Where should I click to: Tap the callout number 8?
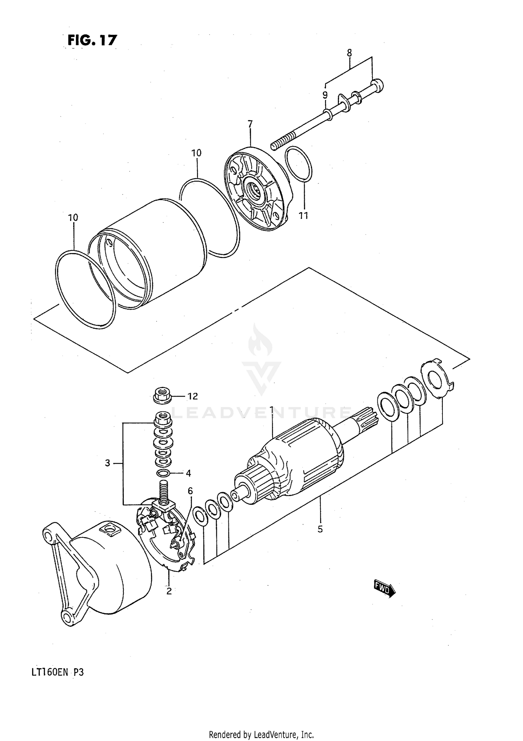[349, 53]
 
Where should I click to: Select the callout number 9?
[325, 95]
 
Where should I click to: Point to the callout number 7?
[250, 124]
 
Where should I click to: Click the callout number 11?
[304, 216]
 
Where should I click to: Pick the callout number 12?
[192, 396]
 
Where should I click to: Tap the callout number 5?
[320, 529]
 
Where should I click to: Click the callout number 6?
[190, 491]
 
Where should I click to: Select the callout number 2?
[169, 591]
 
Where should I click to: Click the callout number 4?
[188, 473]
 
